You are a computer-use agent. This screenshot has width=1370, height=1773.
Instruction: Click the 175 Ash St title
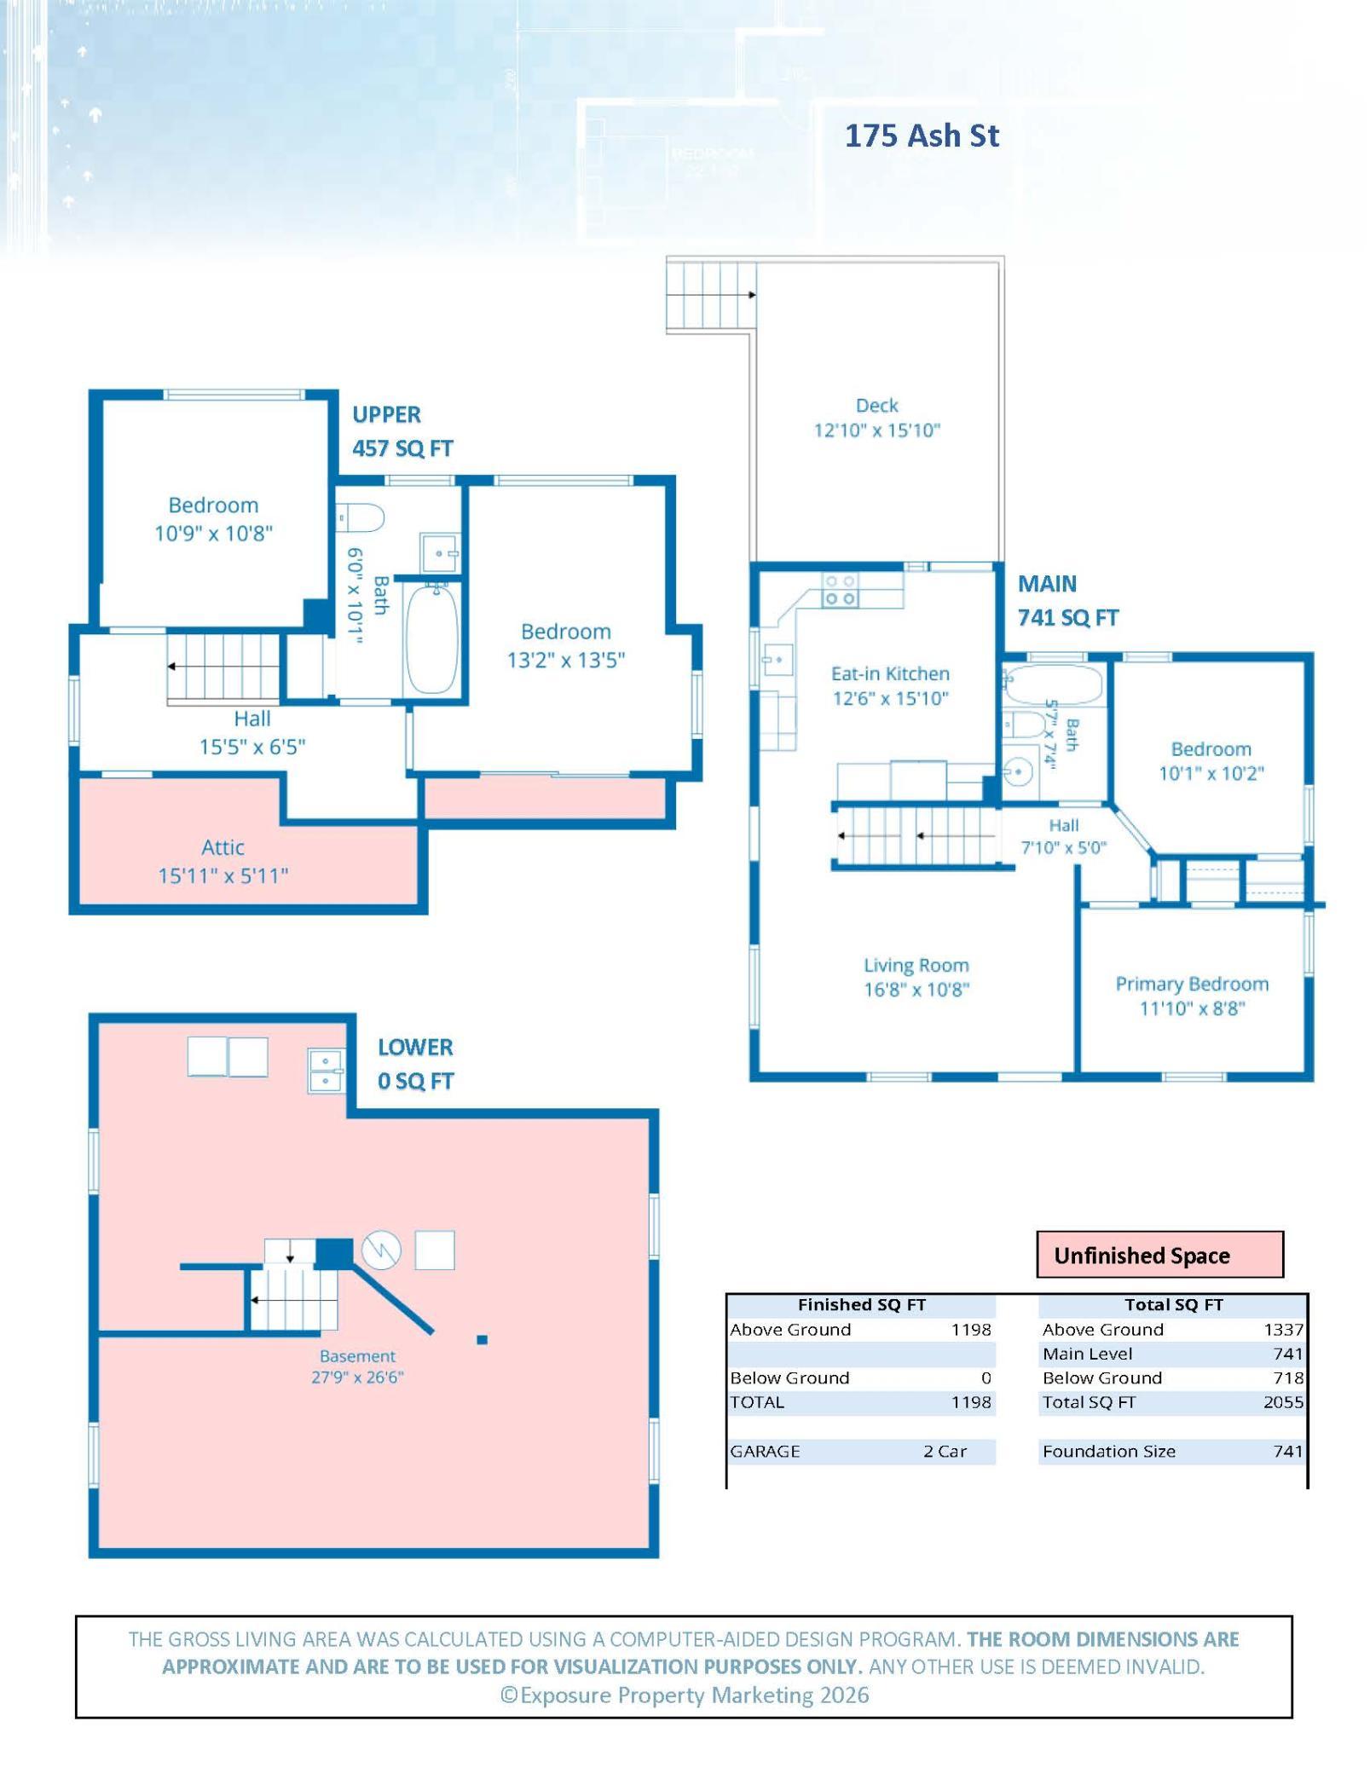pyautogui.click(x=922, y=136)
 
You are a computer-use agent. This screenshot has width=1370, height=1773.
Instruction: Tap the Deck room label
pyautogui.click(x=876, y=406)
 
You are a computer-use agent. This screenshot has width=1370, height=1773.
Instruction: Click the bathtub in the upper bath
pyautogui.click(x=432, y=638)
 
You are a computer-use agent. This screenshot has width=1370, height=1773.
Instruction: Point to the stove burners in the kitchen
pyautogui.click(x=839, y=590)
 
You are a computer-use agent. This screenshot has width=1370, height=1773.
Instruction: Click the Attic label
pyautogui.click(x=223, y=847)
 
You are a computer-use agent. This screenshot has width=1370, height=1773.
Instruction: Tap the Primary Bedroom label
pyautogui.click(x=1192, y=984)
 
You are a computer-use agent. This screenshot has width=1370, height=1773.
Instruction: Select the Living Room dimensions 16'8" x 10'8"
pyautogui.click(x=916, y=990)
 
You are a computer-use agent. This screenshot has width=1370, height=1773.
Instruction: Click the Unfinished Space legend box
pyautogui.click(x=1159, y=1254)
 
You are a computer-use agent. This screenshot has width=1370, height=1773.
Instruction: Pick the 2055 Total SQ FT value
pyautogui.click(x=1283, y=1402)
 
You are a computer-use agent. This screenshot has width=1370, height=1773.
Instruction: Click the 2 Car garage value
pyautogui.click(x=945, y=1451)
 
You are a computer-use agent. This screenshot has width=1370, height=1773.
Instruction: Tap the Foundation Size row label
pyautogui.click(x=1108, y=1451)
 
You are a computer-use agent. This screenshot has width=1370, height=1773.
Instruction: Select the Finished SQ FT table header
pyautogui.click(x=861, y=1304)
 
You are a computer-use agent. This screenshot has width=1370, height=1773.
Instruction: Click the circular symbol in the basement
pyautogui.click(x=381, y=1250)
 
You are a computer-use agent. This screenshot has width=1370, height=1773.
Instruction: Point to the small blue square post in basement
pyautogui.click(x=482, y=1340)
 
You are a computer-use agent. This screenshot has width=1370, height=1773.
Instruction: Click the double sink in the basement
pyautogui.click(x=326, y=1071)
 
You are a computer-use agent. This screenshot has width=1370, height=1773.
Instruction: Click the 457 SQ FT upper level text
pyautogui.click(x=402, y=448)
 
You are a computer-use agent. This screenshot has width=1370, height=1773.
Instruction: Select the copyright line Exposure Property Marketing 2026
pyautogui.click(x=685, y=1695)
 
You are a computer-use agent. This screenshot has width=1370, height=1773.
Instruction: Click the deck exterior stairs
pyautogui.click(x=711, y=296)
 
